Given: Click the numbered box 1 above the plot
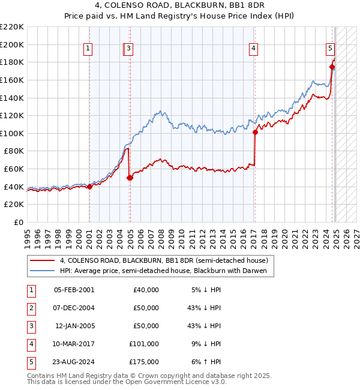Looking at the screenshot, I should (x=88, y=49).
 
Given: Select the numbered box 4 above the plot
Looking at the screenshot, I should (x=254, y=49).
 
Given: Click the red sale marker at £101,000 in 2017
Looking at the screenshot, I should (x=255, y=133).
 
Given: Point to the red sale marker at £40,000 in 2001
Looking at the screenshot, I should (x=89, y=187).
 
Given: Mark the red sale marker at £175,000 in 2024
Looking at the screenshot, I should (x=332, y=67).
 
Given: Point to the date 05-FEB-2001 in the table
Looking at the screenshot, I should (x=74, y=290).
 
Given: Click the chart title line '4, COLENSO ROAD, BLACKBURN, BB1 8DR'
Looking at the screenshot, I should (x=179, y=6).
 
